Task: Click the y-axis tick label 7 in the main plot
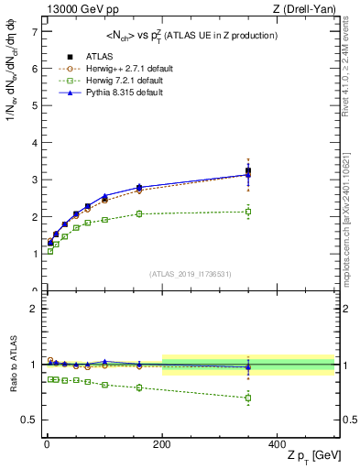[34, 31]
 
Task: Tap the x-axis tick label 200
[162, 444]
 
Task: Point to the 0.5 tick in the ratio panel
[30, 420]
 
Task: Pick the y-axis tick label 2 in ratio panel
[34, 309]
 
